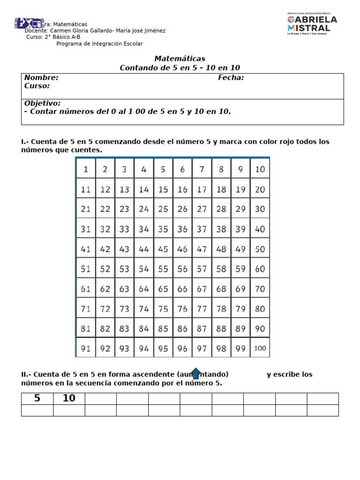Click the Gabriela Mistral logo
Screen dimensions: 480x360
(312, 24)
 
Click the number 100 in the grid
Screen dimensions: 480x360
(260, 348)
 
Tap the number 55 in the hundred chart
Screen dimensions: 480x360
(163, 269)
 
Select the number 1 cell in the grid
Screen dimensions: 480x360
(86, 170)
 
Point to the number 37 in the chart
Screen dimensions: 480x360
(202, 229)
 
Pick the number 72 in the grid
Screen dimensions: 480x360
(105, 309)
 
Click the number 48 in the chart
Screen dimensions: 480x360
(221, 249)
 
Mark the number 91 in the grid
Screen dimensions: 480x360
(86, 348)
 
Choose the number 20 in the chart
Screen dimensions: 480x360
(260, 189)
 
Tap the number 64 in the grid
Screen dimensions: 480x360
(143, 289)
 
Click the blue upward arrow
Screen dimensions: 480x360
(196, 373)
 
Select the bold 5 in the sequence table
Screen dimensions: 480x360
(37, 398)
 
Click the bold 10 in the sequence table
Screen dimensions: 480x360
(69, 398)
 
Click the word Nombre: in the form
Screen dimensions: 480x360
(41, 78)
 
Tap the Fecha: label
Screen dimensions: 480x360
(231, 78)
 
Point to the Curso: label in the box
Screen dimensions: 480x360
(37, 86)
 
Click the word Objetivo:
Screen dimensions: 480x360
(42, 103)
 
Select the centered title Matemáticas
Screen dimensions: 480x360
(180, 59)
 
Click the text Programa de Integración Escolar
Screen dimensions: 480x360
(99, 44)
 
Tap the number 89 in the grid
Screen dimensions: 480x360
(240, 329)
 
